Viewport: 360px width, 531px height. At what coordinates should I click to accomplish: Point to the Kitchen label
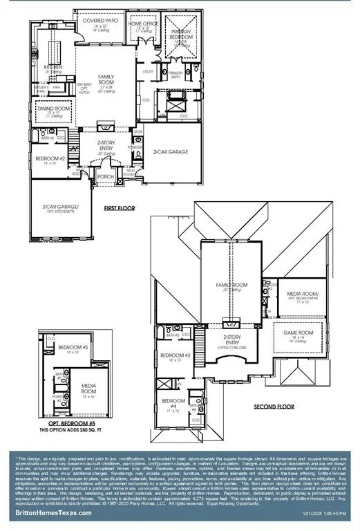point(54,68)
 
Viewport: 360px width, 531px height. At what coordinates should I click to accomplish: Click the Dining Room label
point(53,108)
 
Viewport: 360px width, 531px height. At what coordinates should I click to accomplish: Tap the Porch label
point(105,176)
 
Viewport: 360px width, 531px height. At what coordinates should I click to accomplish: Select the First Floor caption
point(119,207)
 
